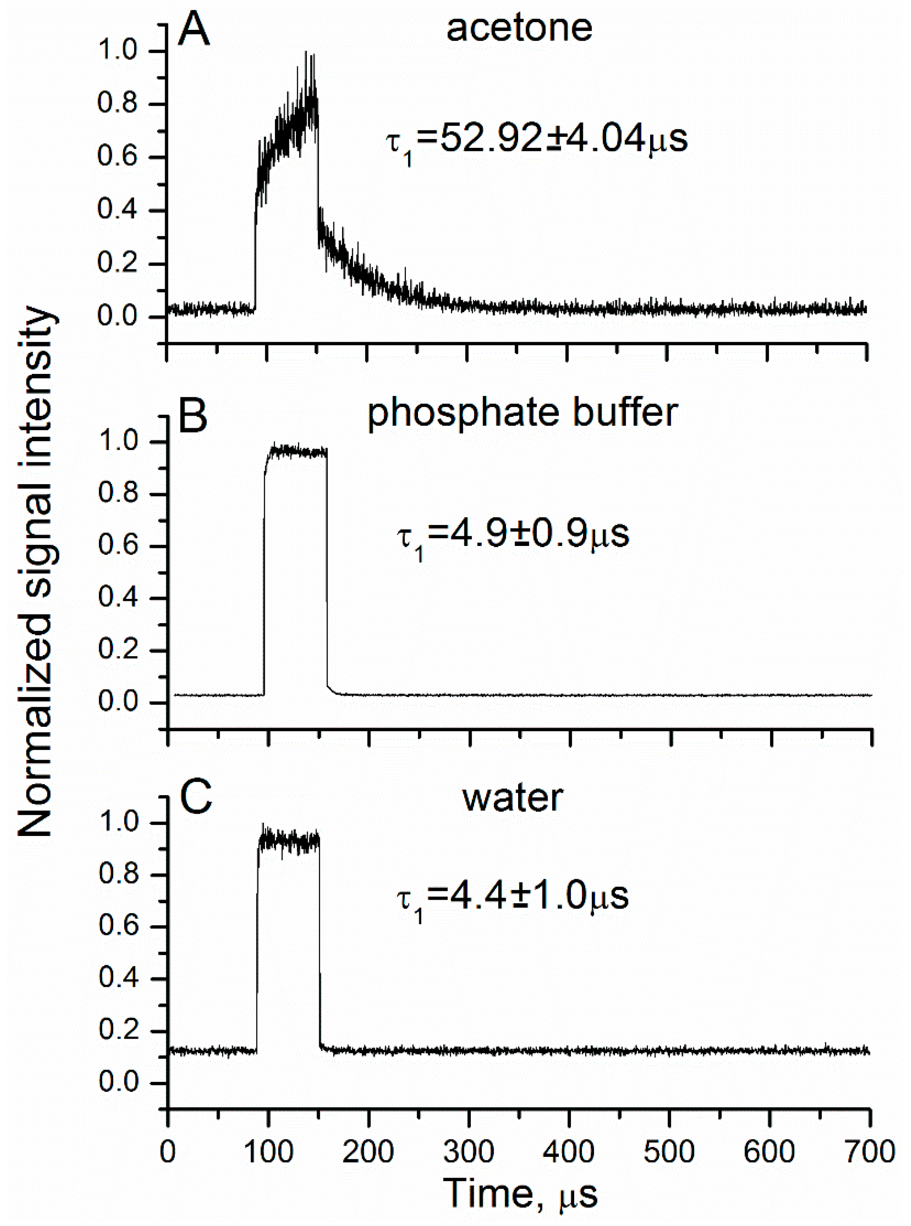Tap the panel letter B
coord(193,415)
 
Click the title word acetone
coord(519,27)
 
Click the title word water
coord(513,798)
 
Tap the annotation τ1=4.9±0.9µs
coord(513,535)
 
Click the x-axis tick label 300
coord(468,1153)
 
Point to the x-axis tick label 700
coord(869,1153)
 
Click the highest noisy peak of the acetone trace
coord(306,53)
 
